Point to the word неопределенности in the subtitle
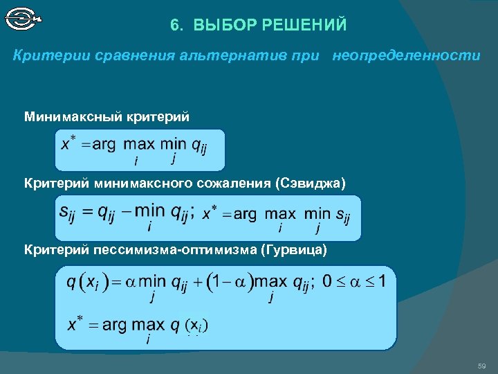click(x=406, y=55)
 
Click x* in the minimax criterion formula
click(x=68, y=143)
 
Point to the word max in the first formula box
click(x=139, y=144)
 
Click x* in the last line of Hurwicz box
click(x=75, y=324)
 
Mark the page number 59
click(x=482, y=365)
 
